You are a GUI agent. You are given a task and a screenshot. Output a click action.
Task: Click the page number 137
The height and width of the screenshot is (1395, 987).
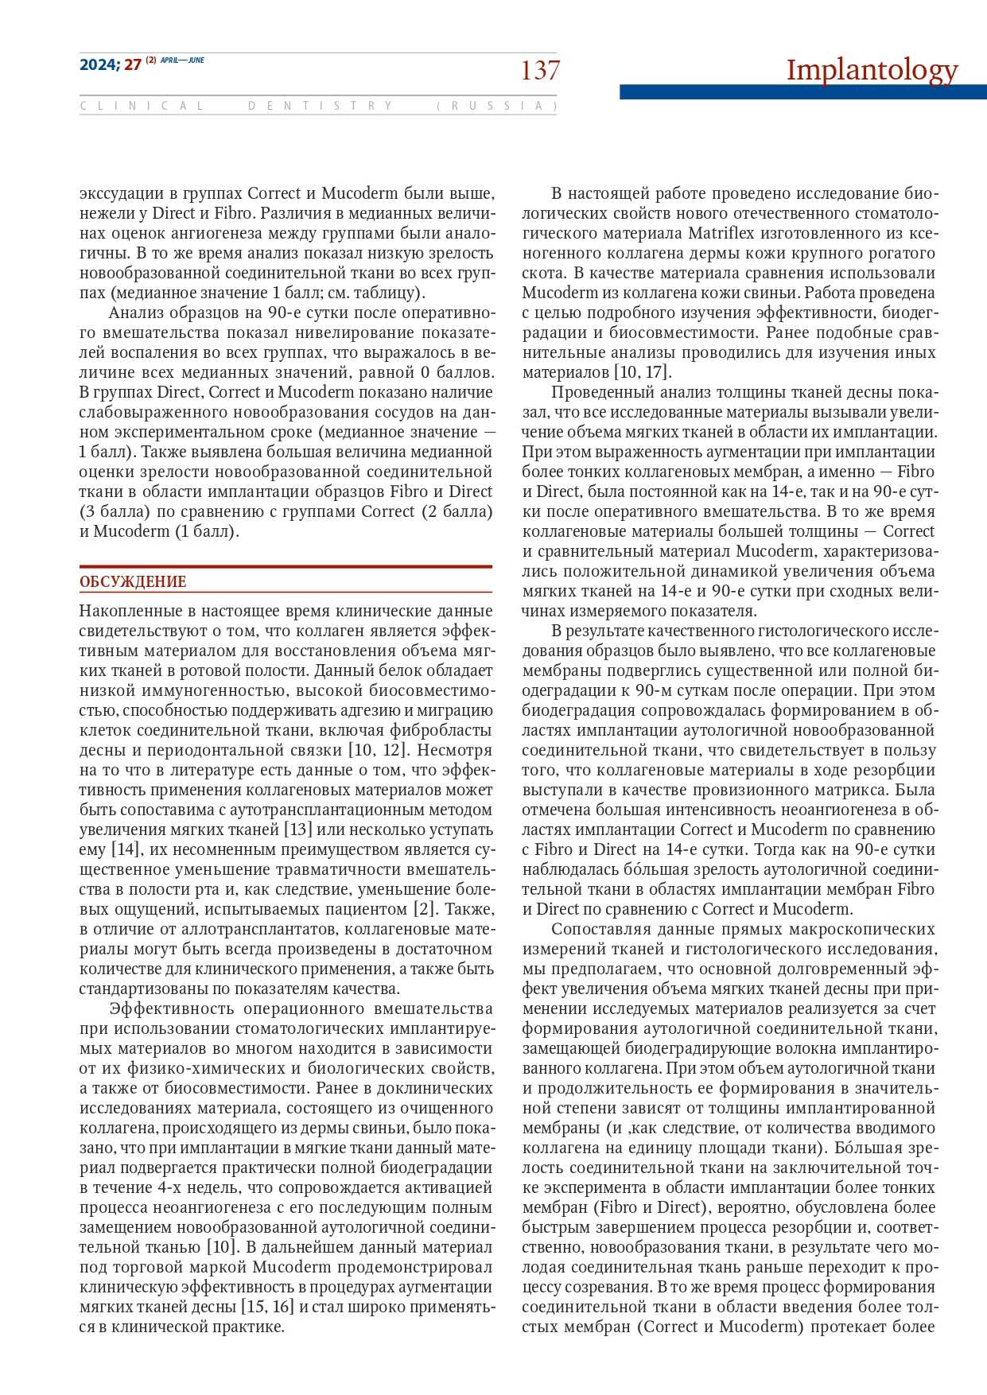click(x=540, y=71)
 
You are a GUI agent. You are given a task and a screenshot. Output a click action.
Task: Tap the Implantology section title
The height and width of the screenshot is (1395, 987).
click(x=872, y=70)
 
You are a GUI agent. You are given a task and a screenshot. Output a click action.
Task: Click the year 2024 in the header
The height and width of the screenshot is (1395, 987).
click(x=99, y=65)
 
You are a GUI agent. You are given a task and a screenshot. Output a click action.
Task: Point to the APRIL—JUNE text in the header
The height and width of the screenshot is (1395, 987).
click(x=182, y=60)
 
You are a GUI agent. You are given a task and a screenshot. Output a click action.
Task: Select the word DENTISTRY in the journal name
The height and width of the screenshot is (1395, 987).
click(x=321, y=106)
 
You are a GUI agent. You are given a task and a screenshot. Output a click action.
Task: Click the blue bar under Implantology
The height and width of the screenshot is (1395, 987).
click(x=802, y=92)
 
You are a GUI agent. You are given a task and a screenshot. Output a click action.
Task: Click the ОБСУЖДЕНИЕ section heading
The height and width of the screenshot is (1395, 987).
click(x=133, y=581)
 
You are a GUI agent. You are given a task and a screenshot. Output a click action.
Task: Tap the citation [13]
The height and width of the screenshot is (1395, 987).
click(x=298, y=830)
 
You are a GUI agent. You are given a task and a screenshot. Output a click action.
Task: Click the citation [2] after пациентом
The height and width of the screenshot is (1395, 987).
click(x=422, y=909)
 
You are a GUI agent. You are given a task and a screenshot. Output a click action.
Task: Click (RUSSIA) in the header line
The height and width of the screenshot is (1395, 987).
click(x=496, y=106)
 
